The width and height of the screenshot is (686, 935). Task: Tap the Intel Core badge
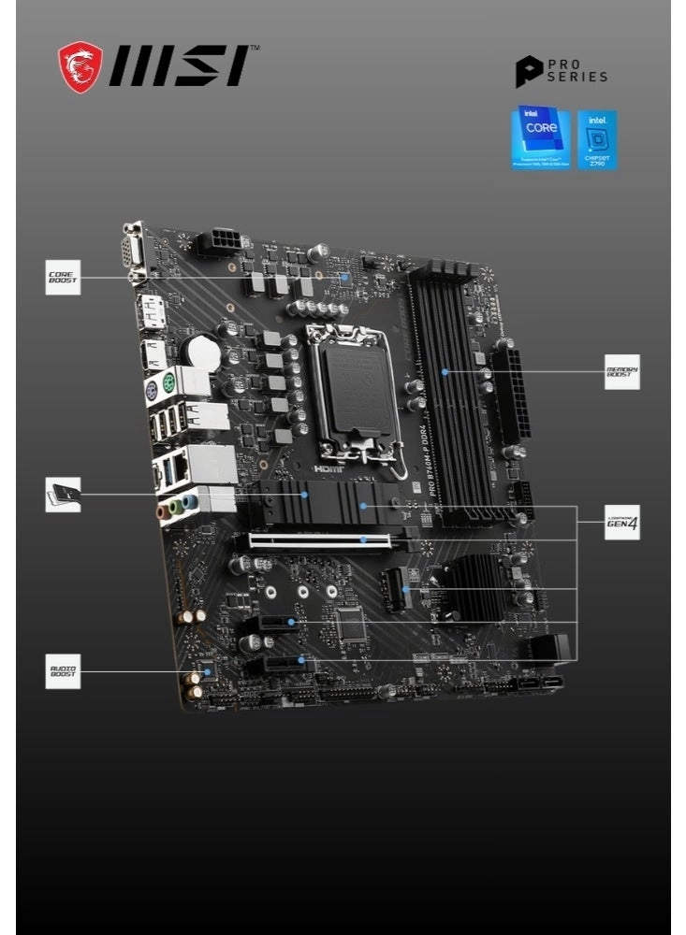click(540, 137)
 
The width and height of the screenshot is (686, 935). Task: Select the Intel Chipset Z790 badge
click(597, 139)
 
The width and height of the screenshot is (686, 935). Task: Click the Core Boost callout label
click(63, 278)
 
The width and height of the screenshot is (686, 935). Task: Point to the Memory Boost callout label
click(622, 371)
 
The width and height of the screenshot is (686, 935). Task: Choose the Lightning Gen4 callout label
click(622, 523)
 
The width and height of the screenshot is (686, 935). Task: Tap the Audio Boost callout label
click(63, 670)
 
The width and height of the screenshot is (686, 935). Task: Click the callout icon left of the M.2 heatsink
click(63, 494)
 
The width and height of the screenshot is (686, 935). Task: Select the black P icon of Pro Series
click(528, 72)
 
